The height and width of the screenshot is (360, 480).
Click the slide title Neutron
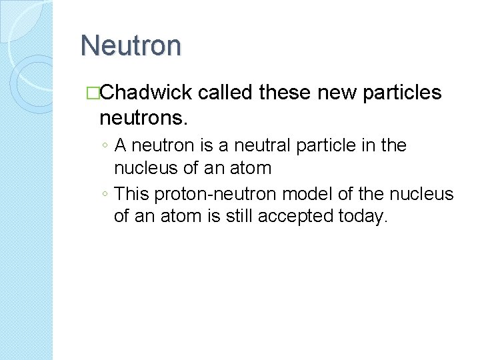131,46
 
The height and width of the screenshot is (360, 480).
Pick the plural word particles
403,93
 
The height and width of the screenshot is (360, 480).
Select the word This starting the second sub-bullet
132,195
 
